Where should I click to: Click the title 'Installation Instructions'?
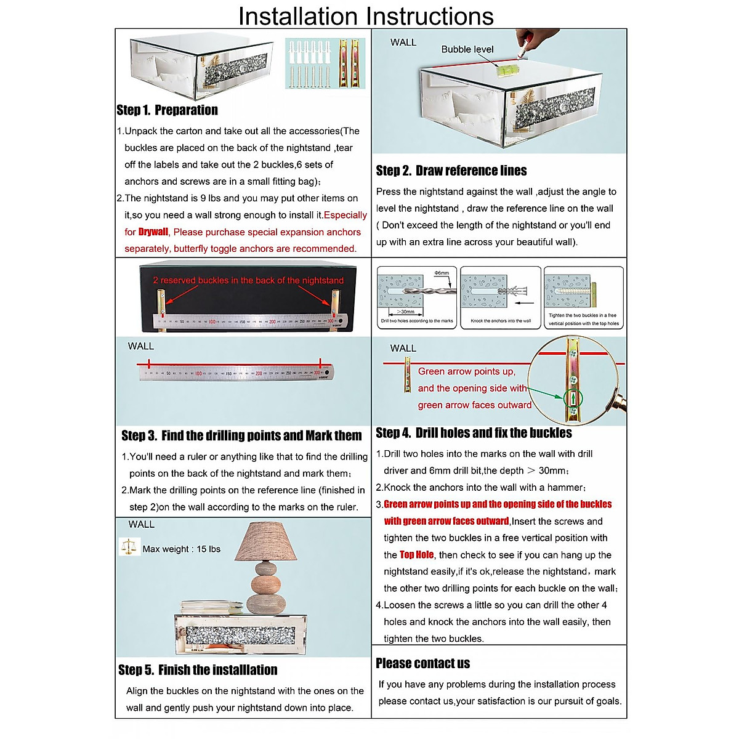(366, 16)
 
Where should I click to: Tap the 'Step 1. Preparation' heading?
(167, 110)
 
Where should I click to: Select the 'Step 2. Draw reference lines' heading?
(451, 171)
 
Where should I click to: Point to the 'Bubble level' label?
(467, 49)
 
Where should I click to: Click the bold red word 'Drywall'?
(153, 232)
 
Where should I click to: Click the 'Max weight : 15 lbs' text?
(181, 549)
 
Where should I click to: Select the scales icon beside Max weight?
(129, 546)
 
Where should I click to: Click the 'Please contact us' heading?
(422, 663)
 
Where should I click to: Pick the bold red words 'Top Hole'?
(417, 555)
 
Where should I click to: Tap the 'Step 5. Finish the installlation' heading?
(198, 670)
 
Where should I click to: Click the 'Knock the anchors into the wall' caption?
(501, 321)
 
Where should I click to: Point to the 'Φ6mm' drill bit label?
(442, 273)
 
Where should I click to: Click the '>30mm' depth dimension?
(406, 312)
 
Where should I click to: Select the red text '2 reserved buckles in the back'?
(248, 280)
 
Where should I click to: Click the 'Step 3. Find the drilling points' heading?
(241, 435)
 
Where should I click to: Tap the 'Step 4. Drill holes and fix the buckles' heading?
(474, 433)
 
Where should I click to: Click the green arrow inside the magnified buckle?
(573, 398)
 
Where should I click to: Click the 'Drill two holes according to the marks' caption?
(417, 321)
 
